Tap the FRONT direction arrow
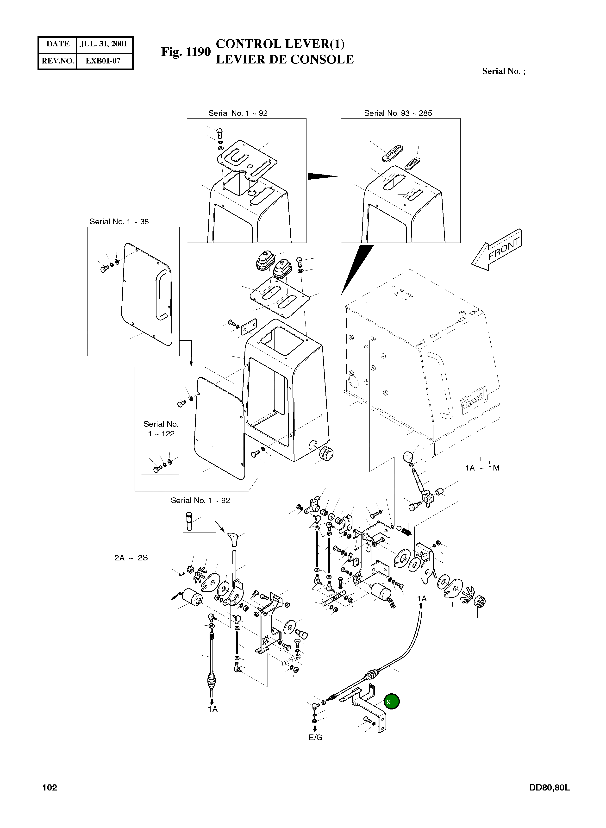click(496, 250)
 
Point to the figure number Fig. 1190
click(186, 52)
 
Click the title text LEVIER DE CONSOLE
click(285, 59)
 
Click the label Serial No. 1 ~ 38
click(119, 222)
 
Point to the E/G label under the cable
click(315, 737)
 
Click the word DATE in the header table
click(58, 44)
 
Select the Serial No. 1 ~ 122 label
click(161, 428)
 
